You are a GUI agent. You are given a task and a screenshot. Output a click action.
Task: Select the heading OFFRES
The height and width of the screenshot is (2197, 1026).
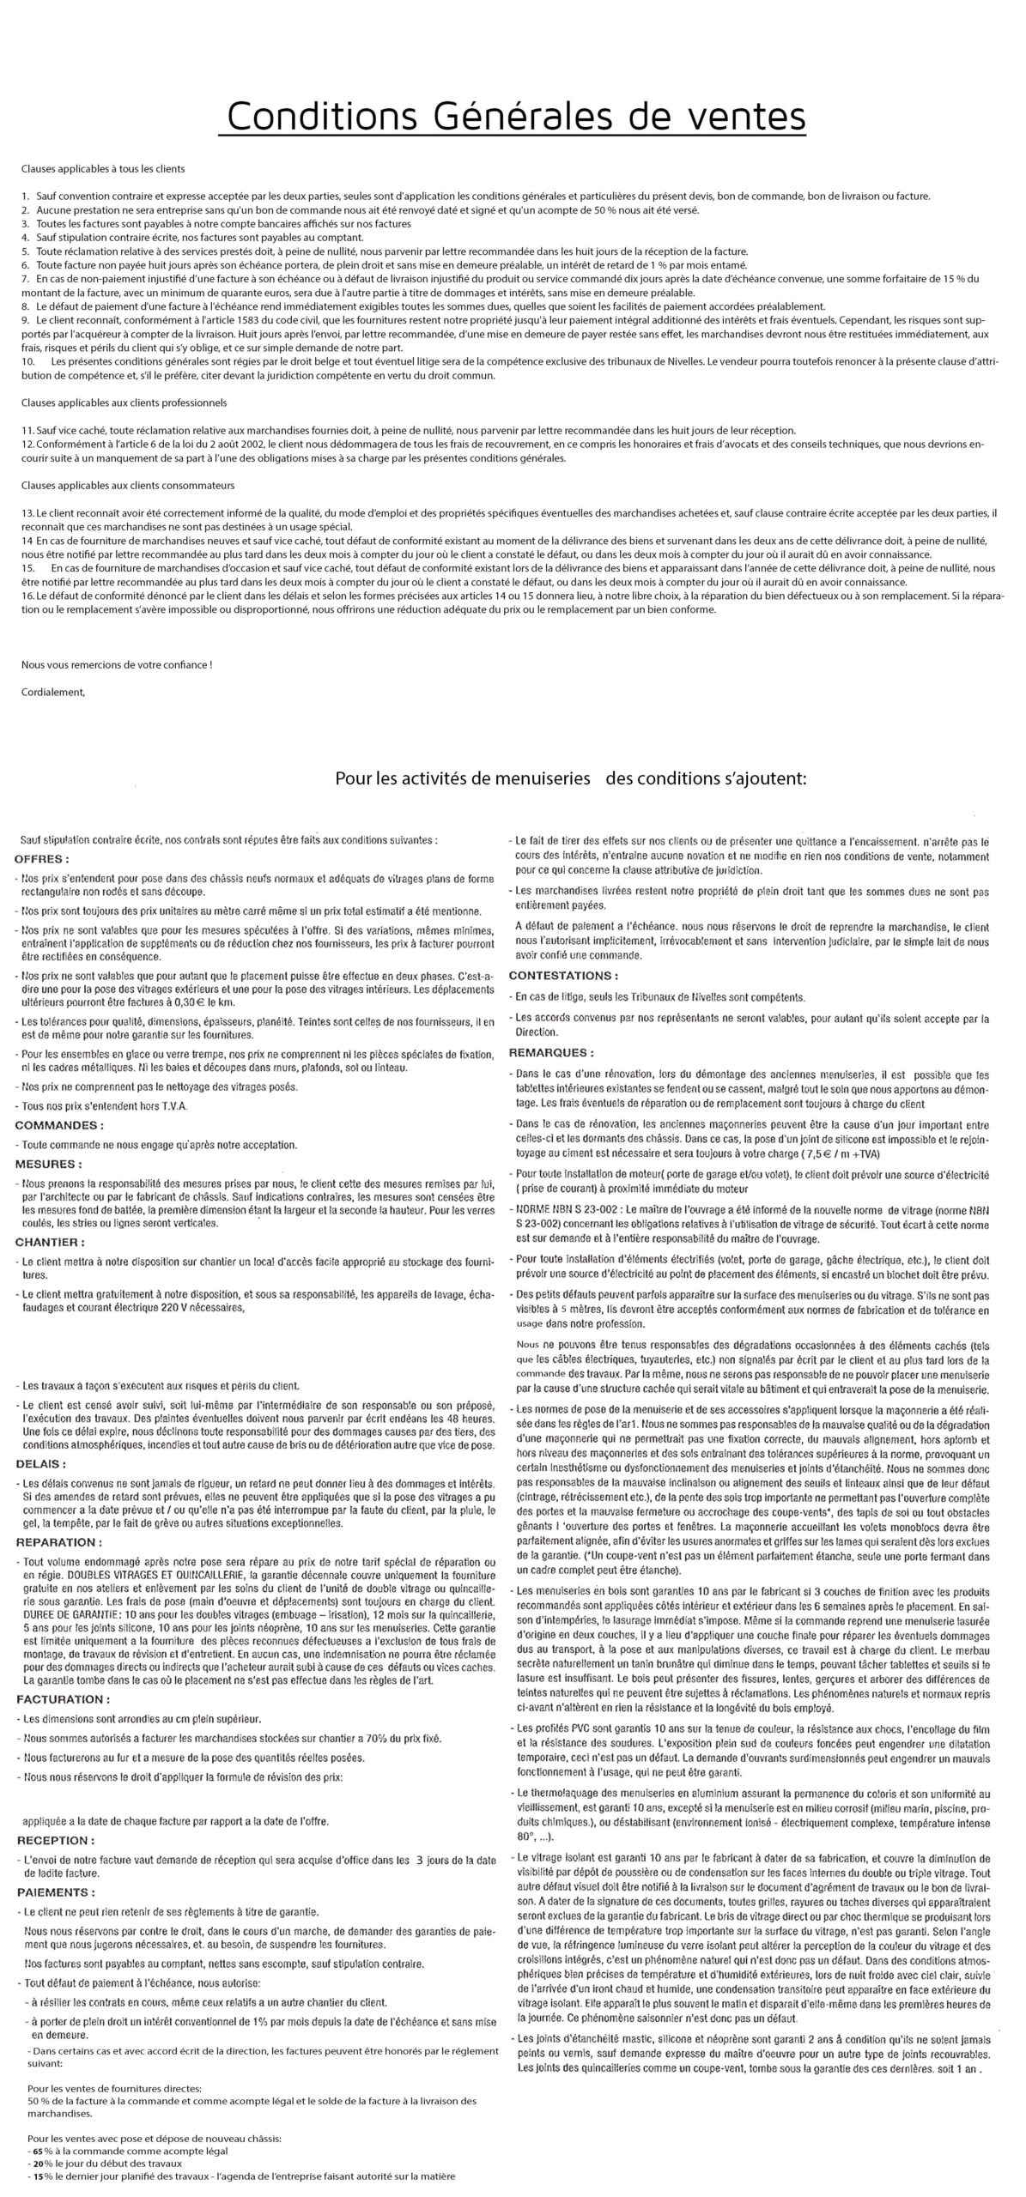pos(42,858)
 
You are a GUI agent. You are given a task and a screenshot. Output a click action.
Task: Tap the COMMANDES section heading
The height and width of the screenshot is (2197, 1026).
pos(59,1124)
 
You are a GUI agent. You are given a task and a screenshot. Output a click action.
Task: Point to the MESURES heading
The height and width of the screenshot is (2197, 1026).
pos(49,1164)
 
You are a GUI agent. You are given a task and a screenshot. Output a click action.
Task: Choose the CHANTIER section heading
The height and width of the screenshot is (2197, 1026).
pos(51,1242)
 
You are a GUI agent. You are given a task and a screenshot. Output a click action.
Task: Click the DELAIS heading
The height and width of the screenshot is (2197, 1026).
pos(40,1463)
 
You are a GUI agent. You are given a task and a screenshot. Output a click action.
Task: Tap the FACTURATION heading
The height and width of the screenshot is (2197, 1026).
pos(62,1698)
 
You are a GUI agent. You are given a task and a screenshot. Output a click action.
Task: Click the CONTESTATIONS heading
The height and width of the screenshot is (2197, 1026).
pos(563,976)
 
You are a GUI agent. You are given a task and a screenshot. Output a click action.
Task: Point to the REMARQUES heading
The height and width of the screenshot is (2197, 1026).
pos(551,1052)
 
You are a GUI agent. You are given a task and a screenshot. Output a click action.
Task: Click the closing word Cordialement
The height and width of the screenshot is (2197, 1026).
pos(53,692)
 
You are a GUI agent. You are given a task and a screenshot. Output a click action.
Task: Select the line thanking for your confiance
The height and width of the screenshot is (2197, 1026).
pos(116,664)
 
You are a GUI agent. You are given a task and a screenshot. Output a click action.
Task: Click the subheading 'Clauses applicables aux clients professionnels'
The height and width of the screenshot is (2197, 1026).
pos(124,402)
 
